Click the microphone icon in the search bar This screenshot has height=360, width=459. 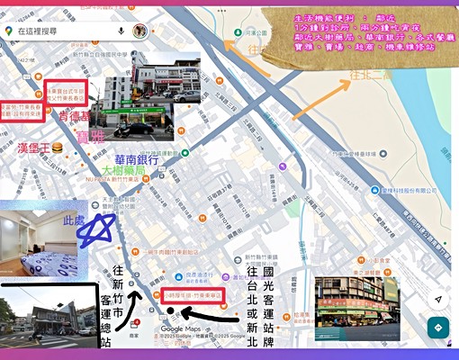pos(121,31)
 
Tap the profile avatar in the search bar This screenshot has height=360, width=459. pos(139,31)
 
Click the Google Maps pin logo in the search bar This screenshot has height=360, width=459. pos(9,31)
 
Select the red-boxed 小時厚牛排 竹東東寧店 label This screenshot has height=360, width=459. pos(197,294)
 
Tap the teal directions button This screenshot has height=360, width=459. pos(438,328)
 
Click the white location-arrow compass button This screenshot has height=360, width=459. pos(438,297)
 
